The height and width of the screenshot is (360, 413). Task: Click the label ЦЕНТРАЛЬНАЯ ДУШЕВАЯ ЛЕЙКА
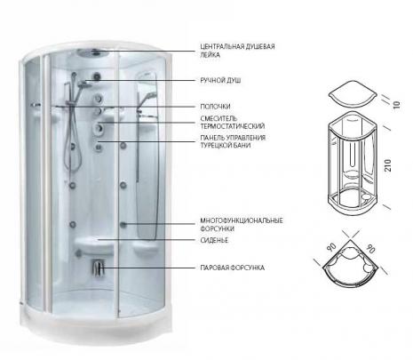point(237,51)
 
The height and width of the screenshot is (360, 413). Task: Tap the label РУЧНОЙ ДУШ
point(220,80)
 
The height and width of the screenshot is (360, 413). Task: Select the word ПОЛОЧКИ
point(215,107)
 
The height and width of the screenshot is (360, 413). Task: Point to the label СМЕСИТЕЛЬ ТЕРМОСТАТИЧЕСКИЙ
point(233,123)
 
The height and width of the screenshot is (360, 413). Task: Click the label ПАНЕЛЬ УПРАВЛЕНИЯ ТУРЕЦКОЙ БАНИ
point(233,141)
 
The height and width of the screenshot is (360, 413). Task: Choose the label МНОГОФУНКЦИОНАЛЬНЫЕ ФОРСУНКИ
point(242,225)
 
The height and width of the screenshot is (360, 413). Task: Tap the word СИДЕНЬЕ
point(214,240)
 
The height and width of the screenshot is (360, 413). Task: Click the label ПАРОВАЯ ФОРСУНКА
point(233,268)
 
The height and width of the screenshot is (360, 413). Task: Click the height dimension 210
point(388,165)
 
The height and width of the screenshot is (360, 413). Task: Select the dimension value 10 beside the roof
point(396,105)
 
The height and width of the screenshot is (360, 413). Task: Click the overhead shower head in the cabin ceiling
point(92,53)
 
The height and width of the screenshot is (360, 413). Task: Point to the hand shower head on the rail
point(84,84)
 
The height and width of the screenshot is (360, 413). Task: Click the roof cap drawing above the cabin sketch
point(353,95)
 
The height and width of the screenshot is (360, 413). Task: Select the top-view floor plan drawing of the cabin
point(351,264)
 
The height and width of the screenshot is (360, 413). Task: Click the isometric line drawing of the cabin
point(353,163)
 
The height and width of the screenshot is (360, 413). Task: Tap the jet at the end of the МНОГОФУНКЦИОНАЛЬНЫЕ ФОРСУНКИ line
point(123,224)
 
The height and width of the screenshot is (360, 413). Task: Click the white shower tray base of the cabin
point(96,323)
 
